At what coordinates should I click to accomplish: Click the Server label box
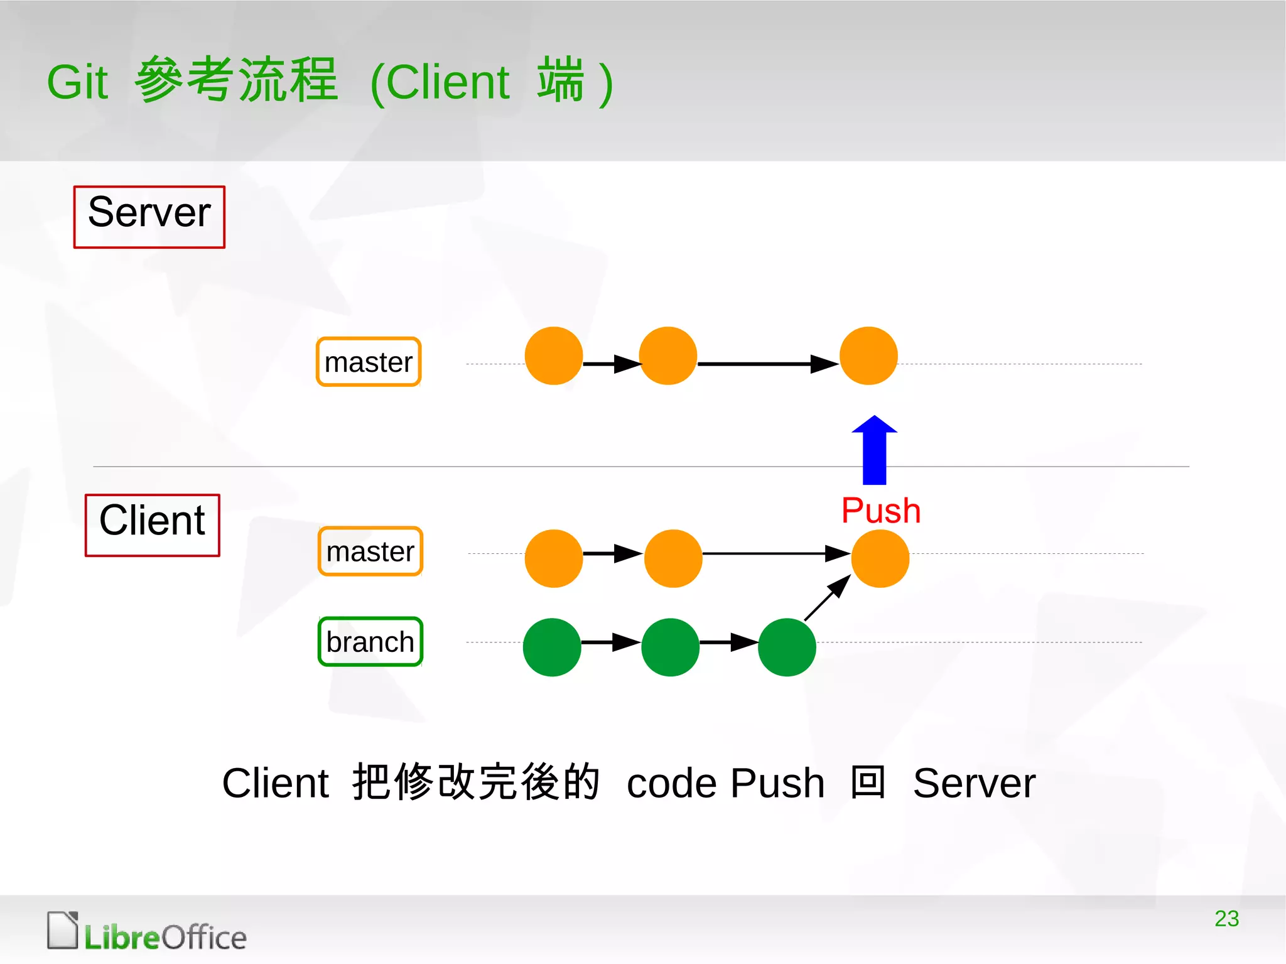coord(149,217)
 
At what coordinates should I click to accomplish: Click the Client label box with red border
coord(153,525)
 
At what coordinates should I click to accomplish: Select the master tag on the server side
coord(369,362)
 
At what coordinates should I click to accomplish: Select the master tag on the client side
coord(370,551)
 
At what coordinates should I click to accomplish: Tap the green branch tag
coord(370,642)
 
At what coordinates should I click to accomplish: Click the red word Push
coord(880,510)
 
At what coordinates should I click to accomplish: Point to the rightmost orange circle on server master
coord(868,355)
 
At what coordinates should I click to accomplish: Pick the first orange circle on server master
coord(554,355)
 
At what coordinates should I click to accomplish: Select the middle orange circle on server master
coord(668,355)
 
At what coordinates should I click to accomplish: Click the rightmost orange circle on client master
coord(880,558)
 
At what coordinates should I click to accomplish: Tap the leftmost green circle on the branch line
coord(552,647)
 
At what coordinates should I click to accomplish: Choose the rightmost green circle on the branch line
coord(787,647)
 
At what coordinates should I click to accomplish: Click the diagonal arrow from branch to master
coord(828,598)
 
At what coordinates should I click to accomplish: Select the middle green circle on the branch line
coord(670,647)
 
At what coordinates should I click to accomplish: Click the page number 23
coord(1226,918)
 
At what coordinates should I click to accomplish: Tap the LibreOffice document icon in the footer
coord(62,930)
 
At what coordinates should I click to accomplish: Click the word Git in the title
coord(78,82)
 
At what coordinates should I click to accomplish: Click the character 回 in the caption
coord(868,783)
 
